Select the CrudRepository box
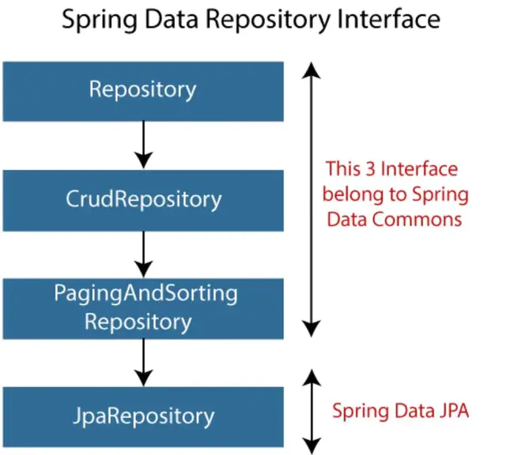(142, 199)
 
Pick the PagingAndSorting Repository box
(142, 308)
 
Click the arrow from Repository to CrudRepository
(142, 144)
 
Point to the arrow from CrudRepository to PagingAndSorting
(142, 253)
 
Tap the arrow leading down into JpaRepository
(142, 362)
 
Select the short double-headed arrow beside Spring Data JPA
(313, 410)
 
